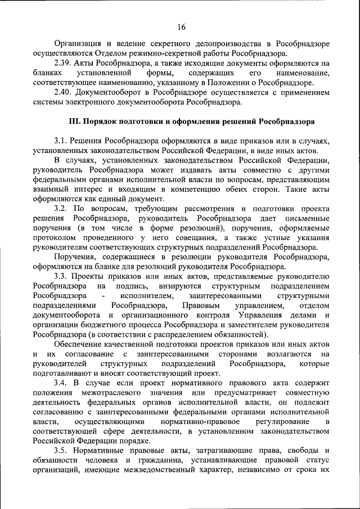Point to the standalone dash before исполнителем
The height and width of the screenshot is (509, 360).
pos(104,295)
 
